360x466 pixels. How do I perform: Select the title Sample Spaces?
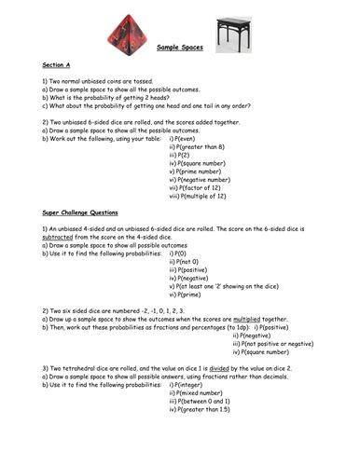[182, 72]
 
